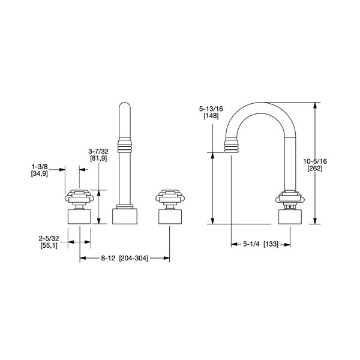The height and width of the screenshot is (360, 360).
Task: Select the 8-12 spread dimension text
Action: tap(107, 258)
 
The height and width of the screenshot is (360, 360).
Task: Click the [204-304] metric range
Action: tap(133, 258)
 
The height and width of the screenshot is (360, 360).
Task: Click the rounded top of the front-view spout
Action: tap(126, 110)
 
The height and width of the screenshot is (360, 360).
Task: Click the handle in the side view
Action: tap(290, 198)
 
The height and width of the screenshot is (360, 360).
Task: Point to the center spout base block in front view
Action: tap(126, 215)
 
